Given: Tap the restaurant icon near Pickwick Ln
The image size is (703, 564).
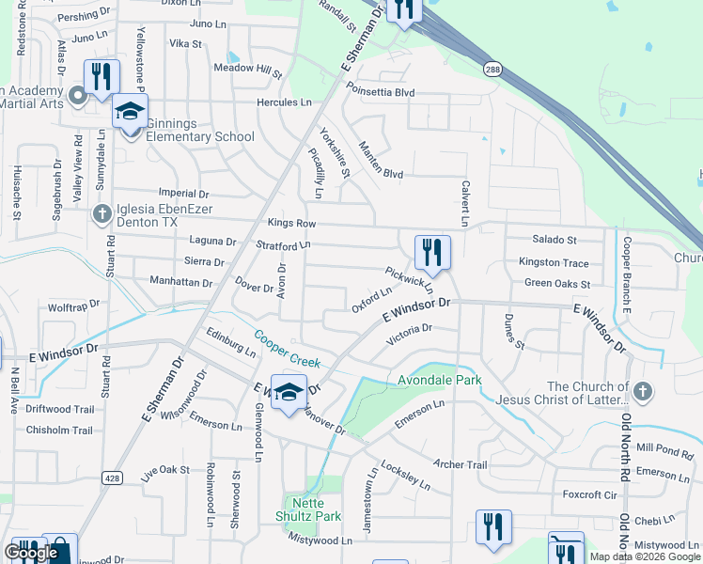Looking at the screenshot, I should point(432,252).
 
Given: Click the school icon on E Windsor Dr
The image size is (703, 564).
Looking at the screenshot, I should point(289,393).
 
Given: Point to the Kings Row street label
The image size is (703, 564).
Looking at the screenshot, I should point(291,224).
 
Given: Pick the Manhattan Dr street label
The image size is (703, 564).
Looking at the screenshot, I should point(181,281).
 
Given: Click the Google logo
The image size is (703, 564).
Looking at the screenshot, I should point(31,553).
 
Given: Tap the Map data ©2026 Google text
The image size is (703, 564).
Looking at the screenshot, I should point(645,556).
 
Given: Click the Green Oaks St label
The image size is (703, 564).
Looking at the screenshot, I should point(556,283).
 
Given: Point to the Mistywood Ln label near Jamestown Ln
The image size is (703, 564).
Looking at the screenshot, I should point(320,540).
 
